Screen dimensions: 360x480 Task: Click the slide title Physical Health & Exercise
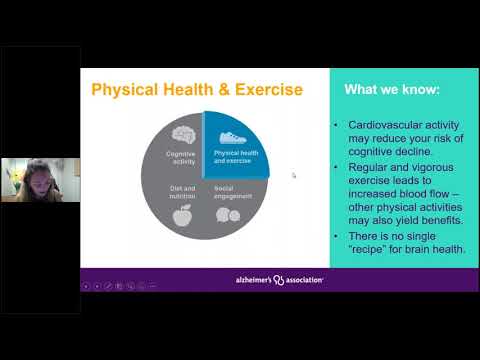[x=196, y=90]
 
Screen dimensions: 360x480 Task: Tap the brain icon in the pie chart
[x=183, y=134]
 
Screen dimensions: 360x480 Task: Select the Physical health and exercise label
[x=236, y=158]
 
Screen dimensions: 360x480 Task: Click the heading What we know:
[x=391, y=89]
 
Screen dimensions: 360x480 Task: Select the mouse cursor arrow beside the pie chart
[x=293, y=174]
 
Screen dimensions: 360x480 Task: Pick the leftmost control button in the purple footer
[x=87, y=286]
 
